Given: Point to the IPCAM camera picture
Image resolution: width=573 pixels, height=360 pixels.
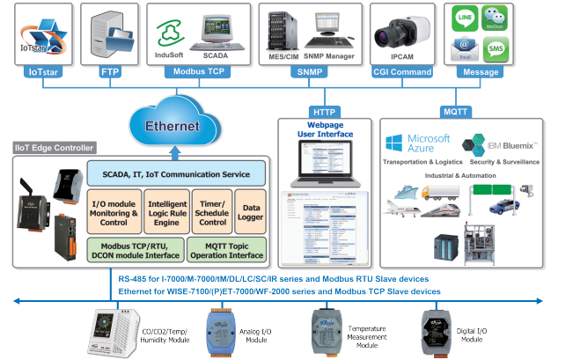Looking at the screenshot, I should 397,33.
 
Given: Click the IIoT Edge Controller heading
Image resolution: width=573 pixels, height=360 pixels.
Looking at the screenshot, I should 55,148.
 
